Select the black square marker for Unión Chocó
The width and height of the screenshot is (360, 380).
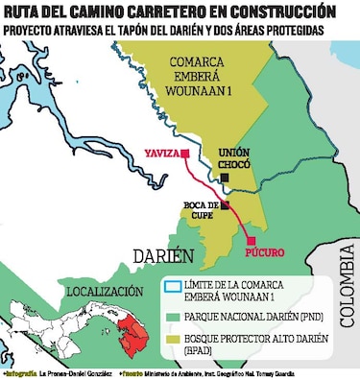tap(224, 178)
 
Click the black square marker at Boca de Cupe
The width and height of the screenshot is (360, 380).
tap(225, 204)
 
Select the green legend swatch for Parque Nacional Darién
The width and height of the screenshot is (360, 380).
tap(174, 314)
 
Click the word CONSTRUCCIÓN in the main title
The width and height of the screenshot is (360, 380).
tap(276, 12)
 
